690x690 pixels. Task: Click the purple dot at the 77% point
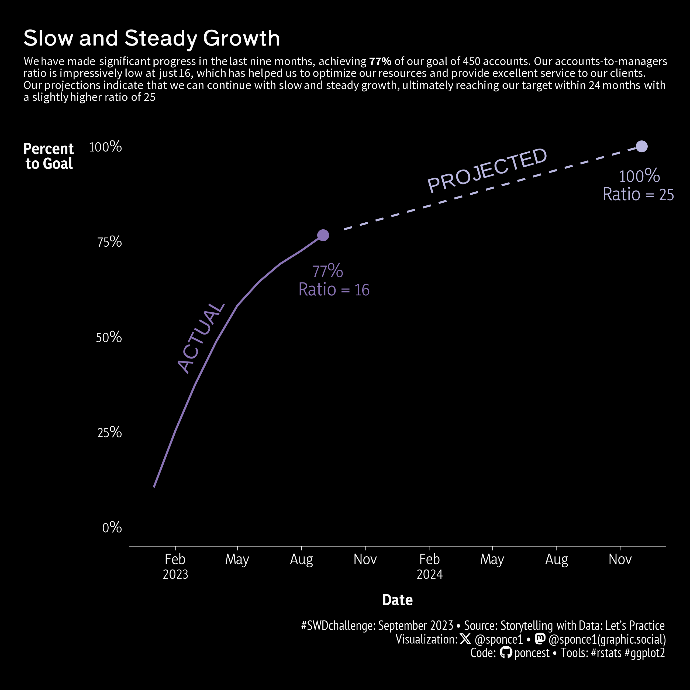(323, 235)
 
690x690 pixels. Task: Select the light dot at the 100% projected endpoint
(641, 146)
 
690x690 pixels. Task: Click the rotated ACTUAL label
(201, 338)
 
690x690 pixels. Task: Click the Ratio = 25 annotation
(638, 195)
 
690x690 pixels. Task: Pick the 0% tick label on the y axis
(112, 527)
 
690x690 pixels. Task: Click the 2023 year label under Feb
(175, 574)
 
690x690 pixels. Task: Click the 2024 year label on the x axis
(430, 574)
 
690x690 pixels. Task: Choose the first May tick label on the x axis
(237, 559)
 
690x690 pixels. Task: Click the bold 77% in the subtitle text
(380, 61)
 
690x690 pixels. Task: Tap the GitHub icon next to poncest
(505, 653)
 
